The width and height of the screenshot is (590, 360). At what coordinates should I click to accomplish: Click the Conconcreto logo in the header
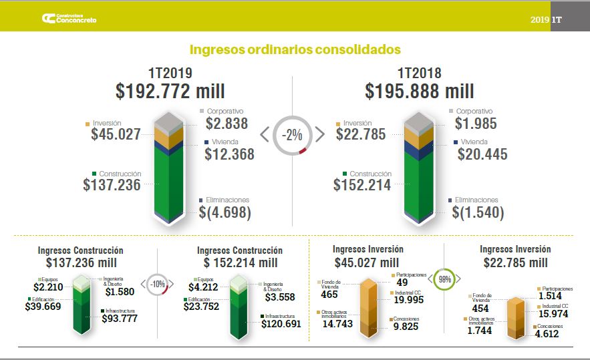69,19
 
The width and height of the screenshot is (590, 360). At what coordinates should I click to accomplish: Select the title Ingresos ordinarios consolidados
295,49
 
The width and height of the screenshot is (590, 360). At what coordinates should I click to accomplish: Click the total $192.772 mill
170,91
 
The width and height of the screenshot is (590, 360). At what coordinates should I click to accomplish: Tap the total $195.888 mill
420,91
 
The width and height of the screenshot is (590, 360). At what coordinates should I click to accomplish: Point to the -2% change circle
292,134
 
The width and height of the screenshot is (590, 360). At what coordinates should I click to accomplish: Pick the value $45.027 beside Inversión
116,134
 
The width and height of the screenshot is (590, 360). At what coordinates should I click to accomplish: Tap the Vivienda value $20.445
482,154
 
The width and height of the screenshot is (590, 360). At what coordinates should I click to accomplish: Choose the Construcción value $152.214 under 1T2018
362,185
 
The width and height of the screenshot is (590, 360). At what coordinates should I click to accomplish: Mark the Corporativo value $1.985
476,124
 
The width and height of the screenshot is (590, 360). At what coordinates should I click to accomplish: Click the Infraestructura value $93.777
124,319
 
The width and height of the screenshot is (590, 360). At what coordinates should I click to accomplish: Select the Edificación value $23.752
207,307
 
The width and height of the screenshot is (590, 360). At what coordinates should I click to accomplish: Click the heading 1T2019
170,73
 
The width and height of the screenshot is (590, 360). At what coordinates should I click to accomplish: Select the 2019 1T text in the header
548,20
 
